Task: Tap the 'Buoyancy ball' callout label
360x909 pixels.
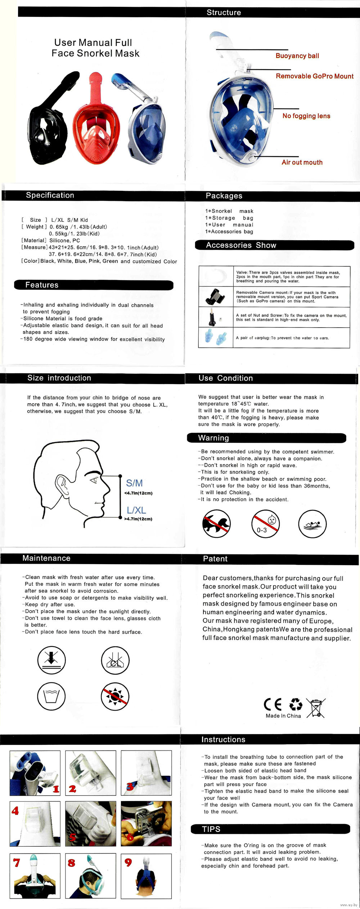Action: click(x=297, y=56)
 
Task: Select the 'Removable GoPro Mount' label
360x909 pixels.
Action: click(x=315, y=76)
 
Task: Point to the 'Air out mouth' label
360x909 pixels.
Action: click(x=302, y=162)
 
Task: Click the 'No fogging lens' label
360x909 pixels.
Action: click(x=306, y=116)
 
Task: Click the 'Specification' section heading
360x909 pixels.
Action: click(x=50, y=195)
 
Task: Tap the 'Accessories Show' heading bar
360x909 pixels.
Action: click(x=241, y=245)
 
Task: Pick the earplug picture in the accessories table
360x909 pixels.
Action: click(x=216, y=338)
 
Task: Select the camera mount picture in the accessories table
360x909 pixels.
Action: click(x=216, y=296)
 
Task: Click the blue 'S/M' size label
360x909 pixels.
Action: click(x=134, y=483)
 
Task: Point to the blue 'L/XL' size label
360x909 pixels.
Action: click(x=136, y=510)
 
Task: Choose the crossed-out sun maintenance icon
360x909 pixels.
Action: click(x=115, y=696)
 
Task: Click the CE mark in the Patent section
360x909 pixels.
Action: click(x=273, y=704)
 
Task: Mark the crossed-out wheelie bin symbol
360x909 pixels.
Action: click(x=316, y=708)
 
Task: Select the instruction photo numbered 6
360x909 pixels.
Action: click(x=146, y=824)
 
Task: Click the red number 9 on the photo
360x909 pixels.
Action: click(x=128, y=862)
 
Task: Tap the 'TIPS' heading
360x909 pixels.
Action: click(x=211, y=829)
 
